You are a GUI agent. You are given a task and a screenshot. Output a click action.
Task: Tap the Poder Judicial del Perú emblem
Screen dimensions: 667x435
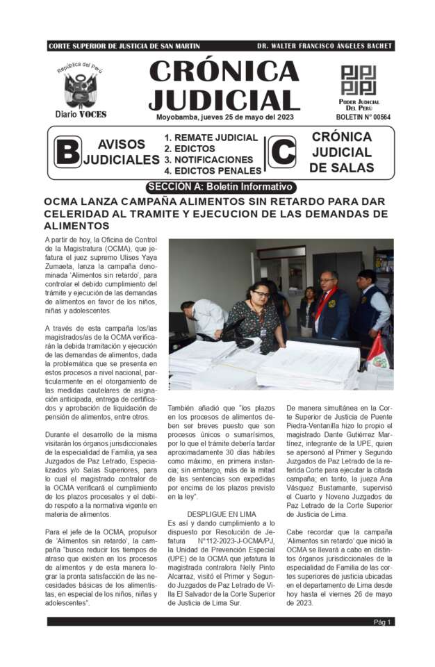tap(358, 81)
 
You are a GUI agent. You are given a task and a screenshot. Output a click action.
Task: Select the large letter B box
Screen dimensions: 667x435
tap(67, 153)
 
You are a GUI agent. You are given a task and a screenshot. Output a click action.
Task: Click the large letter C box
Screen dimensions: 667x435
tap(282, 152)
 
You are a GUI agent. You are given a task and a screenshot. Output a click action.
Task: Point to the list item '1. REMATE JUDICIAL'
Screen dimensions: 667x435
tap(211, 138)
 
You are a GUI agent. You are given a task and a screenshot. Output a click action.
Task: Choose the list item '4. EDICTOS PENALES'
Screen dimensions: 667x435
tap(213, 170)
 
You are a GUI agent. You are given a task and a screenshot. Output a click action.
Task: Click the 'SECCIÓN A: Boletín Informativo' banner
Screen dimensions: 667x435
tap(221, 187)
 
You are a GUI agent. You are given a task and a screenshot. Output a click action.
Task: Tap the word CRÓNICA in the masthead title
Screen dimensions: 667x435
tap(224, 72)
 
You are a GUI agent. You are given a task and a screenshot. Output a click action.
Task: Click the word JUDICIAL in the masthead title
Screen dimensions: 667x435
tap(224, 99)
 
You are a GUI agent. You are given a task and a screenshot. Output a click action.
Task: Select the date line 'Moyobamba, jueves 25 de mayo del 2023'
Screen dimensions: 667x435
tap(224, 117)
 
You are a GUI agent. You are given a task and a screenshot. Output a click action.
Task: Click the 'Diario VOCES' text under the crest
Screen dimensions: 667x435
tap(81, 114)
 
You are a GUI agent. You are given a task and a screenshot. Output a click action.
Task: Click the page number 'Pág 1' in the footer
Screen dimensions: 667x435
tap(383, 622)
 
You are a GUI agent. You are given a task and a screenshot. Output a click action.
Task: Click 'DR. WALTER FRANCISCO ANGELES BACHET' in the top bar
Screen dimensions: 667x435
tap(324, 46)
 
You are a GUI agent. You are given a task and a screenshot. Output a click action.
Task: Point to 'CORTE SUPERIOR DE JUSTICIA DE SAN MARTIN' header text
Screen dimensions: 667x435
tap(124, 46)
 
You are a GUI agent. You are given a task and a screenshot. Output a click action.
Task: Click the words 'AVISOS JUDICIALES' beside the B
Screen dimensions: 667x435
tap(122, 152)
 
